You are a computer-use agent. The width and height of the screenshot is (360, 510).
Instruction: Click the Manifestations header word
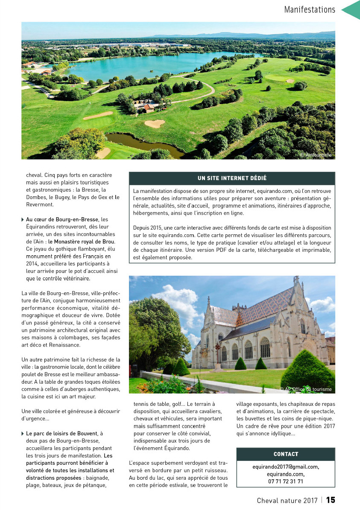(310, 9)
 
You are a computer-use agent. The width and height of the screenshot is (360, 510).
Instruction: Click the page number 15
(331, 500)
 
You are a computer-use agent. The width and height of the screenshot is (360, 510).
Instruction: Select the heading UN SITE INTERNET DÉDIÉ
(232, 178)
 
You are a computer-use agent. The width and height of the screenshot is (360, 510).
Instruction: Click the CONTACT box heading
(286, 454)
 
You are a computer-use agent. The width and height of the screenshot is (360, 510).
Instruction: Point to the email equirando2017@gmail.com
(286, 467)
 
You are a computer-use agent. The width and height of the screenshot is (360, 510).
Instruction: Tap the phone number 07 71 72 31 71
(286, 481)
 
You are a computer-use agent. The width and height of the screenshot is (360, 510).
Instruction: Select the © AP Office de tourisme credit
(305, 389)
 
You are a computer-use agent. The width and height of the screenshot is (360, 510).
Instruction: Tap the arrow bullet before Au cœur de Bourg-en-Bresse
(23, 219)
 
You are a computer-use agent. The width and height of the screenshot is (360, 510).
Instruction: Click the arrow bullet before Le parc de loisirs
(23, 434)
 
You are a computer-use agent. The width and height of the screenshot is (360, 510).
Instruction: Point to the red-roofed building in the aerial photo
(148, 108)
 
